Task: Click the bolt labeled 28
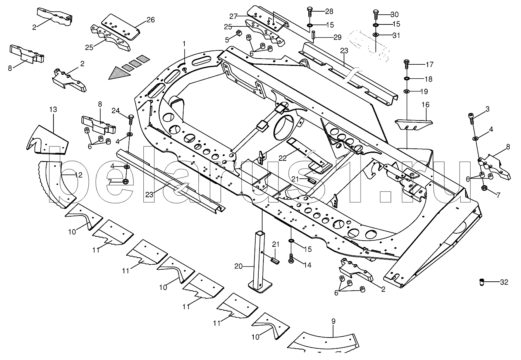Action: pyautogui.click(x=310, y=12)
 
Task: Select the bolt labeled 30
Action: pyautogui.click(x=376, y=14)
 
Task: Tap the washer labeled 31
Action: pyautogui.click(x=376, y=35)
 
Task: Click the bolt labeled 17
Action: pyautogui.click(x=407, y=64)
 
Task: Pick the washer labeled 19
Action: pyautogui.click(x=407, y=91)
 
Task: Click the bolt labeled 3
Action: pyautogui.click(x=471, y=119)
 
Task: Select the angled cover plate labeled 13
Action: pyautogui.click(x=47, y=140)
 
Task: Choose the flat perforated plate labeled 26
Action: pyautogui.click(x=121, y=27)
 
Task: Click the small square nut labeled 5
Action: pyautogui.click(x=238, y=33)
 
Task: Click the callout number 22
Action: pyautogui.click(x=283, y=158)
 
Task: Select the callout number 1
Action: pyautogui.click(x=184, y=43)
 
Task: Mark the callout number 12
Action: pyautogui.click(x=79, y=175)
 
